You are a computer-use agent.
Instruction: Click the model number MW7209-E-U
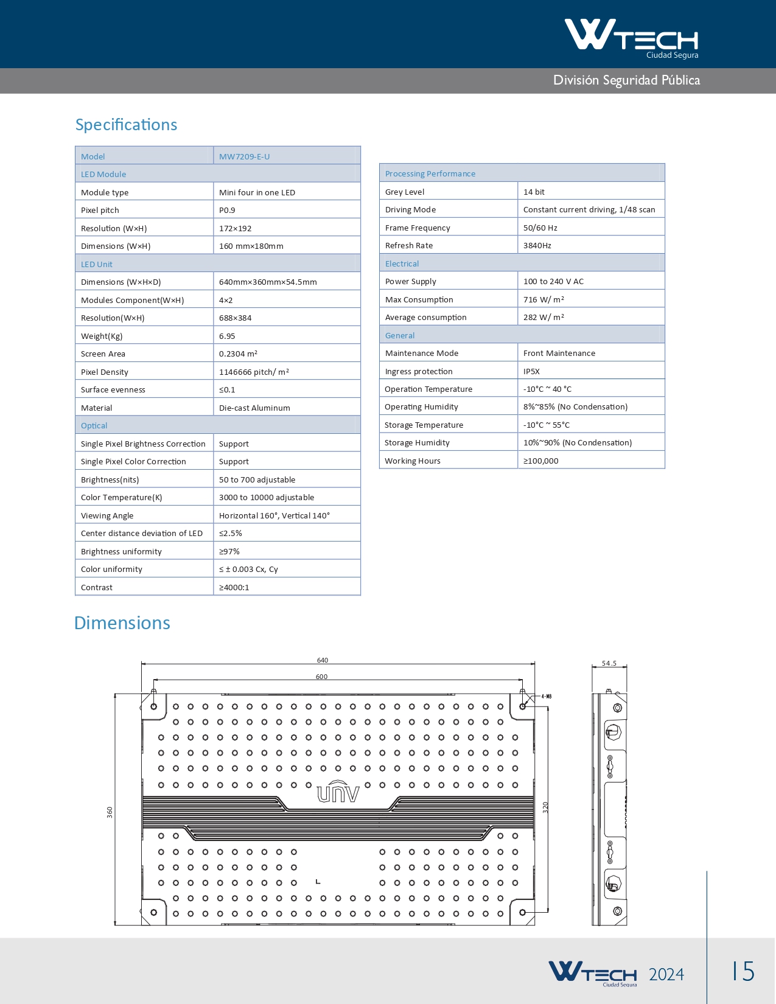(x=244, y=156)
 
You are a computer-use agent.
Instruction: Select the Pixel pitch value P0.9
(x=227, y=210)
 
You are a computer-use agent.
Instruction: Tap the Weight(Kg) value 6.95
(x=227, y=336)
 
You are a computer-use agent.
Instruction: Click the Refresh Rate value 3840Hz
(x=537, y=245)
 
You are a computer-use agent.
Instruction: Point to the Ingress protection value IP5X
(x=531, y=371)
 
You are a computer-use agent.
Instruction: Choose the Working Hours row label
(x=412, y=461)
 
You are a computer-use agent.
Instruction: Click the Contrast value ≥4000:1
(x=234, y=587)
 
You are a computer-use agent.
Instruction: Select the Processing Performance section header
(x=430, y=173)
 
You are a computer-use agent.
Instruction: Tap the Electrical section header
(x=402, y=263)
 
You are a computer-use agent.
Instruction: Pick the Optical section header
(x=94, y=425)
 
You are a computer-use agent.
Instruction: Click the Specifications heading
(x=126, y=125)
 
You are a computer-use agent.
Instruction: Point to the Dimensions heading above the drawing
(x=122, y=623)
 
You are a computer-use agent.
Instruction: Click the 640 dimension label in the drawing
(x=323, y=660)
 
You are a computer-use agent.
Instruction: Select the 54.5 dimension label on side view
(x=609, y=663)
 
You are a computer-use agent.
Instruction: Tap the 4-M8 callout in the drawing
(x=546, y=696)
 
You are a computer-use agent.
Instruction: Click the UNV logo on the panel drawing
(x=338, y=792)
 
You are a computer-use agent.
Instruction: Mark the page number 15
(x=743, y=971)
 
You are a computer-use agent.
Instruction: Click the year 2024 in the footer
(x=666, y=974)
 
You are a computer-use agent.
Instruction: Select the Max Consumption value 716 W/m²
(x=544, y=299)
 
